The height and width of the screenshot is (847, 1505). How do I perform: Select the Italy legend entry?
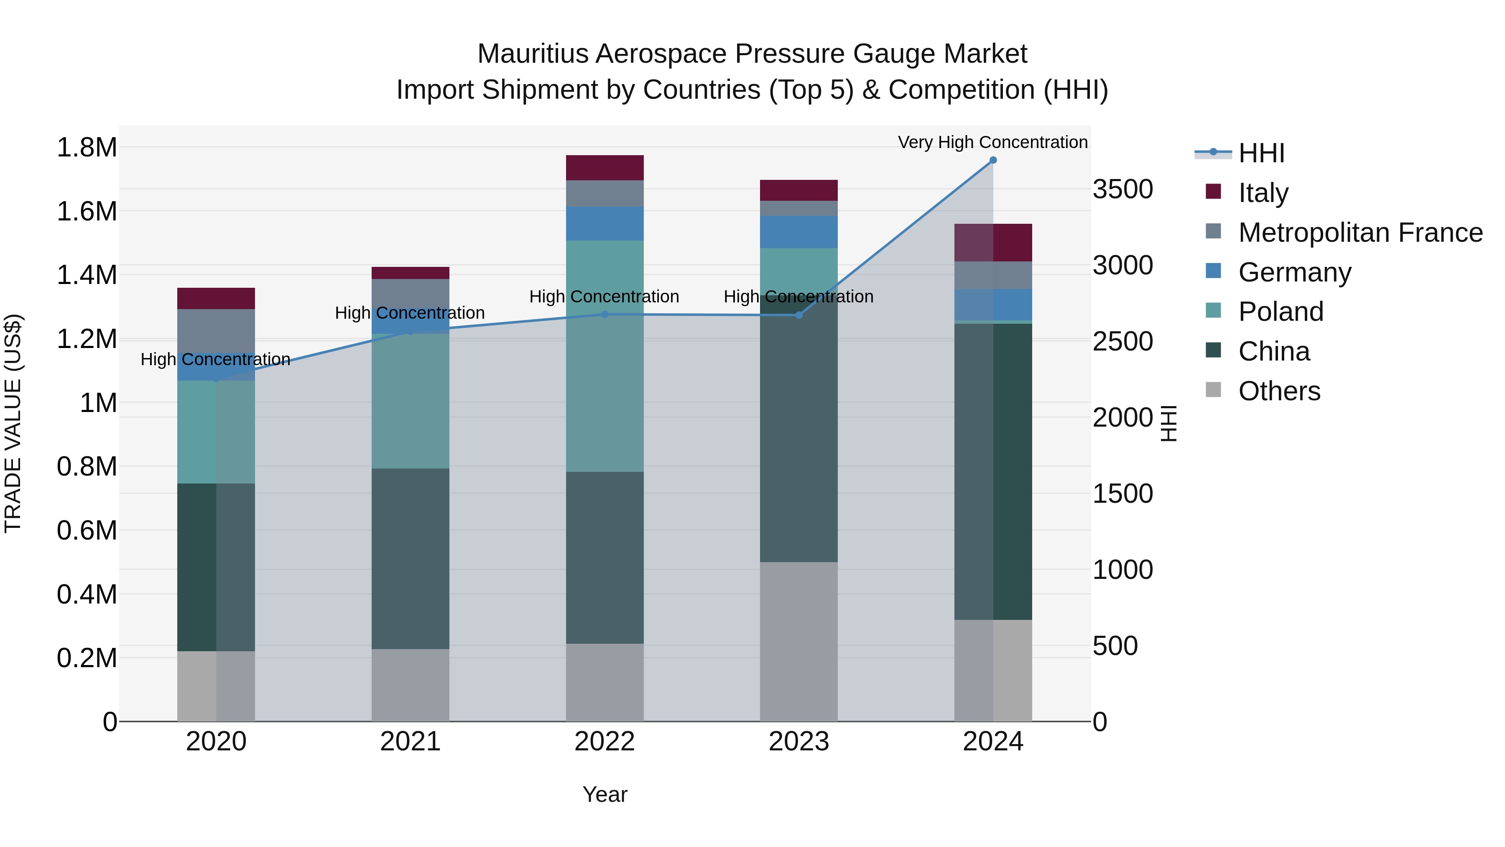(1263, 193)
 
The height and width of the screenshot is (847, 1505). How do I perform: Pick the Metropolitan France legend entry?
(1360, 233)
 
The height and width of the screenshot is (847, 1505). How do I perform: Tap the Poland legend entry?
(1280, 312)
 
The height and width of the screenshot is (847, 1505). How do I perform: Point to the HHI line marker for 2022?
(605, 315)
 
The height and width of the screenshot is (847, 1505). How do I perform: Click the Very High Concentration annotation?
(992, 142)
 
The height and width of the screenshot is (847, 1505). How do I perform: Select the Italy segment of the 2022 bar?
(605, 168)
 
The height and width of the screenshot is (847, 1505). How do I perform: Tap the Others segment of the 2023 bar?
(798, 641)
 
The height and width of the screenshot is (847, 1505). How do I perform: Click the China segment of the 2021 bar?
(410, 558)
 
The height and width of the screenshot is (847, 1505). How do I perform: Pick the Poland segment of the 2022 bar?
(605, 356)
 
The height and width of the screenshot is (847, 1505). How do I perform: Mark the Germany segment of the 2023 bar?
(798, 232)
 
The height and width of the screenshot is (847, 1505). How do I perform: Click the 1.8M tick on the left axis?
(87, 147)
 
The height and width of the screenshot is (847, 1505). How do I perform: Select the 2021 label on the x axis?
(410, 742)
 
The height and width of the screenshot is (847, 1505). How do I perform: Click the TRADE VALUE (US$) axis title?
(13, 423)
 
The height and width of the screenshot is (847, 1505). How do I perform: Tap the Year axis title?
(605, 794)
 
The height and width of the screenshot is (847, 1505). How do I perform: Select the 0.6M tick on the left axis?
(87, 530)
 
